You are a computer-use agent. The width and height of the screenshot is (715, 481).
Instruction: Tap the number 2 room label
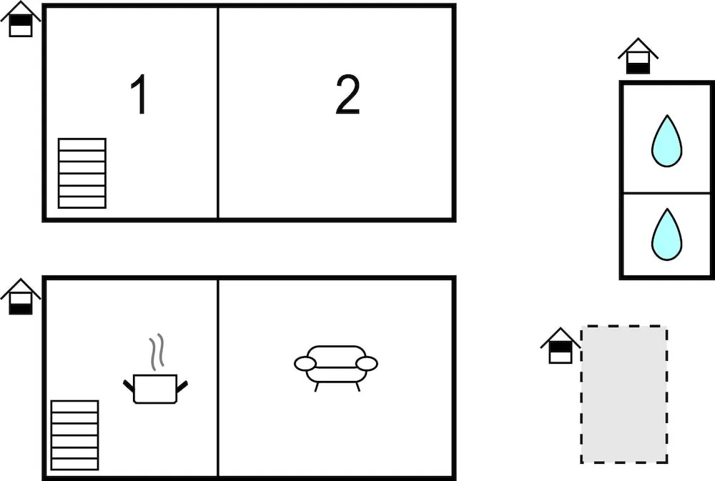point(347,94)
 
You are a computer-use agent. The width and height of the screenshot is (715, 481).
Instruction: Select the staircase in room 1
point(82,173)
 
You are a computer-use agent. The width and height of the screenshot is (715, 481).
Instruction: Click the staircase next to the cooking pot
point(75,435)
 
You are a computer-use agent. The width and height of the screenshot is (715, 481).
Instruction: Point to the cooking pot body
point(155,389)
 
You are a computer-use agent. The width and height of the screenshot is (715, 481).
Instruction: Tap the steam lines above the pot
point(156,352)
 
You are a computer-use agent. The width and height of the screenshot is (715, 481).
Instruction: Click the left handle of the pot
point(129,385)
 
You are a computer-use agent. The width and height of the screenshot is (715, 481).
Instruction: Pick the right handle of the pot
point(182,386)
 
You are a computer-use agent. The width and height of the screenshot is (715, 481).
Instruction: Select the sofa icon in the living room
point(336,367)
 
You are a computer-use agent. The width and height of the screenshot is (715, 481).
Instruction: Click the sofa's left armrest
point(305,364)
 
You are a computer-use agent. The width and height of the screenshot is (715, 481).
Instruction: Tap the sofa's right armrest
point(367,364)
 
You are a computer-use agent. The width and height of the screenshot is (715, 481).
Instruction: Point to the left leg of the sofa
point(317,387)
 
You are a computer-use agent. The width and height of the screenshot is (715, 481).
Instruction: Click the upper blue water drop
point(666,141)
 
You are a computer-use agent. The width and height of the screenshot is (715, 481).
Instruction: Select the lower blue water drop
point(666,235)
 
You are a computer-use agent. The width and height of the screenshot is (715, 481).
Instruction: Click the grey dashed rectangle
point(623,395)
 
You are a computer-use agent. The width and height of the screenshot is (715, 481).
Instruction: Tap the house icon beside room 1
point(21,19)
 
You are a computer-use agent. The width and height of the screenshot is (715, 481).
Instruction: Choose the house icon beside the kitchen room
point(21,297)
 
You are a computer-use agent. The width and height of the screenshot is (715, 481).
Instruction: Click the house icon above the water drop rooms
point(638,56)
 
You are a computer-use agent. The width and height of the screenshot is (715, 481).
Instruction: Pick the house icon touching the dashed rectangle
point(561,346)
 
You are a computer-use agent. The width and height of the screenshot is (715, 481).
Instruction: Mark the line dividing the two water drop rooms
point(666,193)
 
